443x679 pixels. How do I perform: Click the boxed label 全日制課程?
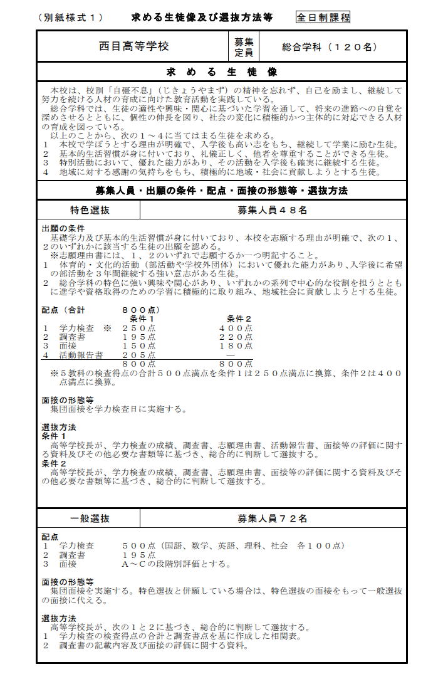323,18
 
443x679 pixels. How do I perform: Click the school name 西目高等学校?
133,46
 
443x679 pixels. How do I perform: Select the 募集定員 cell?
244,47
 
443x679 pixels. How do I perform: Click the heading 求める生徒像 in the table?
222,71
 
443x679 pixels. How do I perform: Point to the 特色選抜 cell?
90,211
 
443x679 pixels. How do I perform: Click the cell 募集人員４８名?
272,211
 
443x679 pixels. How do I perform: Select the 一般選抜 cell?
90,518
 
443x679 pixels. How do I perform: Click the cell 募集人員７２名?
272,518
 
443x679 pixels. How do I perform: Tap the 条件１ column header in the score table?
142,318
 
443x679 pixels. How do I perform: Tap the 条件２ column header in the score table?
238,318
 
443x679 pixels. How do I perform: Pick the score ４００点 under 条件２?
236,328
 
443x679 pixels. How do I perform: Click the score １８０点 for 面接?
236,345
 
